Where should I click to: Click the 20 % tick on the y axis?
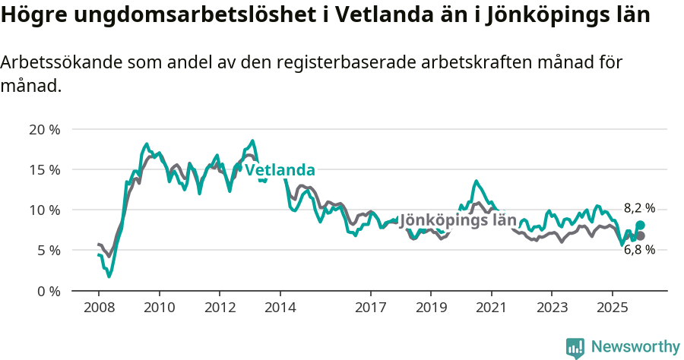tap(44, 129)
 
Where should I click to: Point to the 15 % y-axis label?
tap(44, 169)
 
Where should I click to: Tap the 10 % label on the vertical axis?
tap(44, 210)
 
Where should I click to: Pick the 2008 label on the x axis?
tap(99, 308)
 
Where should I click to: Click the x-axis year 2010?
tap(159, 308)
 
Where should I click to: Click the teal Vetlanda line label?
tap(279, 169)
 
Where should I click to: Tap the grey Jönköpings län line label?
tap(458, 220)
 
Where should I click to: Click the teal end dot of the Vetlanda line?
tap(641, 225)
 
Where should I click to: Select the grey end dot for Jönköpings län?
tap(641, 236)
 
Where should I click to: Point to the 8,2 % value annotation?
tap(639, 208)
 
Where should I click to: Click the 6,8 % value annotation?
tap(639, 250)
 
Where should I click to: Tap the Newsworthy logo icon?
tap(575, 347)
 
